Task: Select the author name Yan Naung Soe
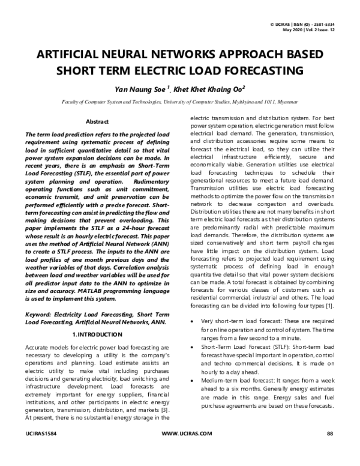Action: point(137,89)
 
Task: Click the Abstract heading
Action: point(97,121)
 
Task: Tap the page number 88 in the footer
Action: point(329,450)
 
